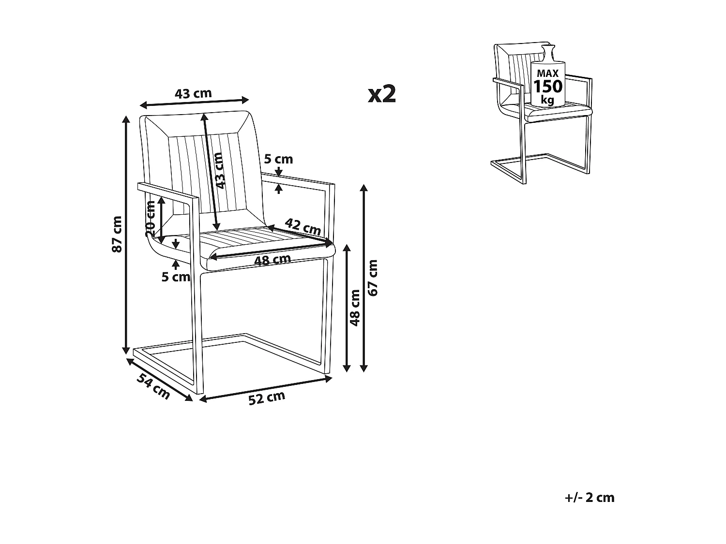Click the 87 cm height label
pyautogui.click(x=117, y=234)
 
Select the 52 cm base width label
pyautogui.click(x=267, y=397)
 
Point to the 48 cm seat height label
pyautogui.click(x=356, y=308)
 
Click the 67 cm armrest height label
pyautogui.click(x=373, y=278)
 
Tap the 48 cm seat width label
pyautogui.click(x=272, y=260)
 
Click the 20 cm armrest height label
pyautogui.click(x=151, y=218)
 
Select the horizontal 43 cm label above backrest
pyautogui.click(x=193, y=93)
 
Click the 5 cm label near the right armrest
pyautogui.click(x=278, y=159)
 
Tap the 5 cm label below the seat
pyautogui.click(x=176, y=277)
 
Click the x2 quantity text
pyautogui.click(x=382, y=94)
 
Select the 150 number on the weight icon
pyautogui.click(x=548, y=87)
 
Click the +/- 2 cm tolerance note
pyautogui.click(x=589, y=498)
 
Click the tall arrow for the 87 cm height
pyautogui.click(x=127, y=235)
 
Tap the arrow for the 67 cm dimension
pyautogui.click(x=363, y=278)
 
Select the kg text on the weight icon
pyautogui.click(x=547, y=100)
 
